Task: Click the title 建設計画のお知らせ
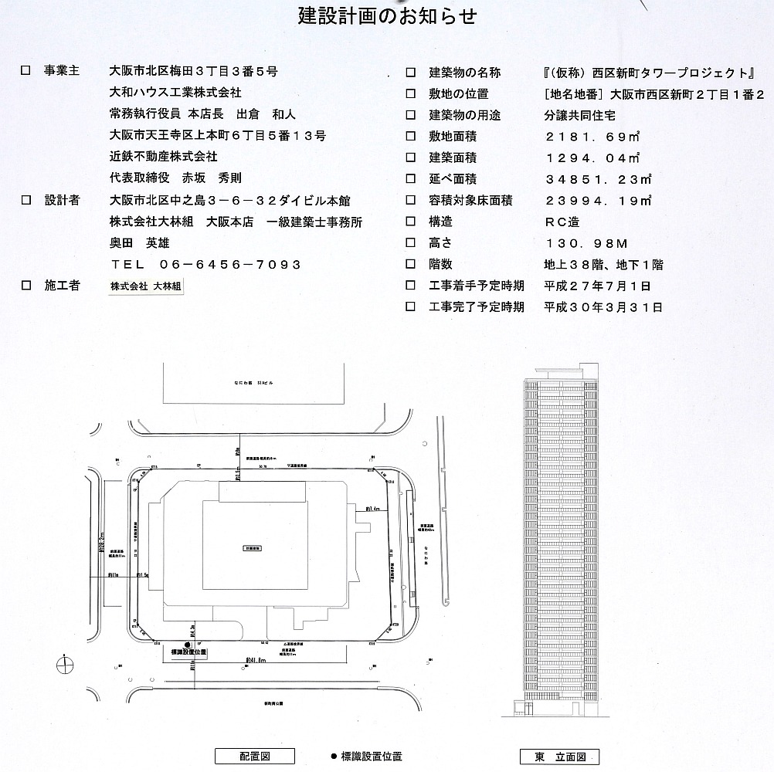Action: [387, 15]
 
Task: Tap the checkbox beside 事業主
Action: [25, 71]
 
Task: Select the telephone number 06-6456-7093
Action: [229, 264]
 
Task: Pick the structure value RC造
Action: [562, 222]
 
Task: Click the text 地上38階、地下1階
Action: [603, 264]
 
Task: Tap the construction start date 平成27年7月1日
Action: [597, 286]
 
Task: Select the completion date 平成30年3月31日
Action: [603, 306]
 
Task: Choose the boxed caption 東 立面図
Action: [560, 757]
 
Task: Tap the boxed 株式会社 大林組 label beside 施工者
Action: [147, 286]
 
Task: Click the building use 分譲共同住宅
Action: [579, 115]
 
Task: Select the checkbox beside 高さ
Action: [411, 243]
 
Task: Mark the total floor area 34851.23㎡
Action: [597, 179]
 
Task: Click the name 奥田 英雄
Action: [140, 242]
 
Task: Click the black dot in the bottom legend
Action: [333, 757]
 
